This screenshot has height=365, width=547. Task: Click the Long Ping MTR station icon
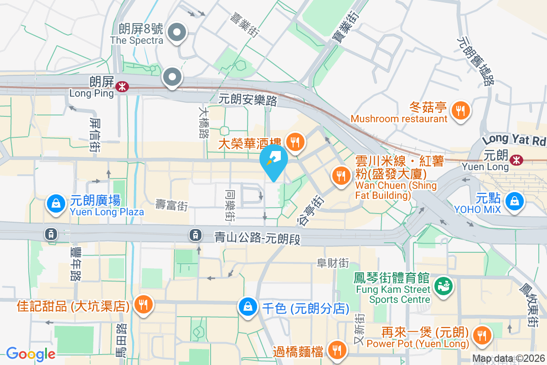point(122,87)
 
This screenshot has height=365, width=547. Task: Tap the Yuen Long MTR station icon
point(516,160)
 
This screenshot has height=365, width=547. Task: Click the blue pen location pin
point(273,161)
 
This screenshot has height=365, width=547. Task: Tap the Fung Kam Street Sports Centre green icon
point(441,286)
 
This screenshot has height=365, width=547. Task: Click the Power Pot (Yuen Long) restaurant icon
point(481,335)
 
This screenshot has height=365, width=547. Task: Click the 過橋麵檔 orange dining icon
point(337,350)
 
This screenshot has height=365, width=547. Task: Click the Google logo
point(31,354)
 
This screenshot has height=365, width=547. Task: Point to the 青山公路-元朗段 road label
point(258,238)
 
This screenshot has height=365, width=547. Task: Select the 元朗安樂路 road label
point(248,100)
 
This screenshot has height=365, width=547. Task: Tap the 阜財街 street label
point(333,263)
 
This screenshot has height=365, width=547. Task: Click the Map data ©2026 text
point(508,359)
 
